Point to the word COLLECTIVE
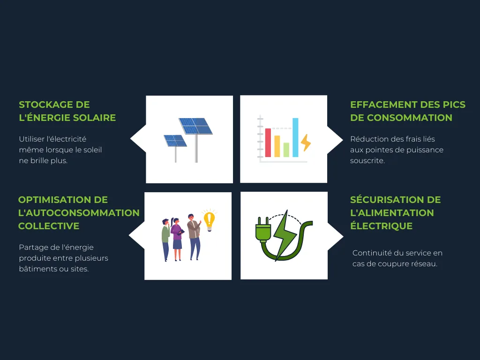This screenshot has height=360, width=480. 49,226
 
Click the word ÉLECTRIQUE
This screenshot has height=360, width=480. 381,226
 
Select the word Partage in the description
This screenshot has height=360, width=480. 32,247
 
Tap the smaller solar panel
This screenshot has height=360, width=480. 175,140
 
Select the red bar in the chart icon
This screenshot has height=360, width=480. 268,142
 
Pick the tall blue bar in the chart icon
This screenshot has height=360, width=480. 295,137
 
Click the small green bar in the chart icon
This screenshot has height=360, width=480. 286,150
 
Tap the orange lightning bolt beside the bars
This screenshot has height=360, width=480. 306,142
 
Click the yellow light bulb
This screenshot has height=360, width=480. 209,219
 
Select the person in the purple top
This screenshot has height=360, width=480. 177,237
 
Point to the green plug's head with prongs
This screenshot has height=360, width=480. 262,230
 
